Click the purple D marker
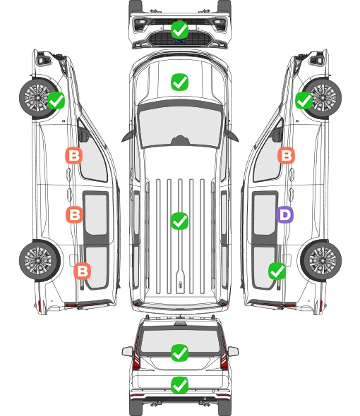pyautogui.click(x=284, y=214)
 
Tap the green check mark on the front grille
pyautogui.click(x=179, y=30)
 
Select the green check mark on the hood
pyautogui.click(x=179, y=82)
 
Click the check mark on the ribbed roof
pyautogui.click(x=179, y=221)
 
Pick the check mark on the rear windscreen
pyautogui.click(x=179, y=353)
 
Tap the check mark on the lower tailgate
pyautogui.click(x=179, y=385)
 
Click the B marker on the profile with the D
pyautogui.click(x=286, y=155)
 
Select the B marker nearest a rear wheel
pyautogui.click(x=82, y=271)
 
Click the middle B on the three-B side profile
pyautogui.click(x=74, y=214)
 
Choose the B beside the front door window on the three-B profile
pyautogui.click(x=74, y=155)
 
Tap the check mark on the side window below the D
pyautogui.click(x=277, y=271)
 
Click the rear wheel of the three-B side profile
pyautogui.click(x=40, y=260)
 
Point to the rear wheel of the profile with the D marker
pyautogui.click(x=321, y=260)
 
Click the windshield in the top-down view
pyautogui.click(x=180, y=127)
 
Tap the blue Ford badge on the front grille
pyautogui.click(x=180, y=41)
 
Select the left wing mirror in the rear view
pyautogui.click(x=128, y=351)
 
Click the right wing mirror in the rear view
pyautogui.click(x=233, y=351)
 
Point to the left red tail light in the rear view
pyautogui.click(x=136, y=355)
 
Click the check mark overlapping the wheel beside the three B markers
pyautogui.click(x=56, y=100)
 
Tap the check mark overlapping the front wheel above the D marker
pyautogui.click(x=304, y=100)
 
